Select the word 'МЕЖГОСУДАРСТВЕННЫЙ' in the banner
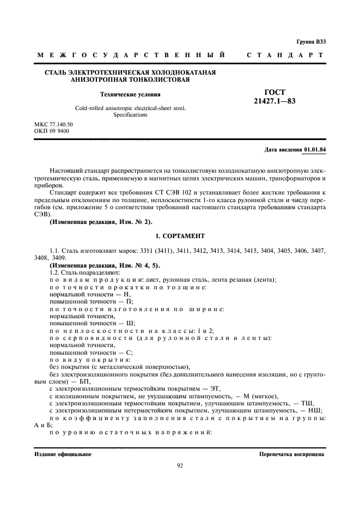coord(131,56)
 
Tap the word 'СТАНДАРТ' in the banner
coord(286,56)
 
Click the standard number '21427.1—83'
coord(274,101)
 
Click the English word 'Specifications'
coord(130,115)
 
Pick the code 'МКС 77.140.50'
coord(53,124)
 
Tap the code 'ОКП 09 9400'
coord(51,131)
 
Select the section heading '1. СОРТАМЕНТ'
coord(180,236)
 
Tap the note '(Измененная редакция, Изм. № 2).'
coord(101,222)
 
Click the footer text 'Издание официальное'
coord(63,453)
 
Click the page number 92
coord(180,465)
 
